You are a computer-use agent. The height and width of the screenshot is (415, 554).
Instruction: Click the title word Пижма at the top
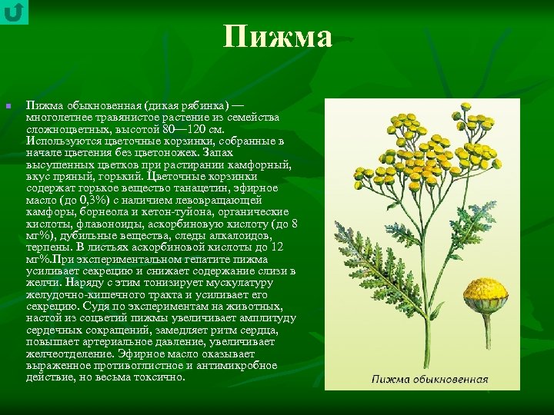click(x=278, y=37)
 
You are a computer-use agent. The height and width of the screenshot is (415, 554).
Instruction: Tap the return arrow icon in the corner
click(x=14, y=13)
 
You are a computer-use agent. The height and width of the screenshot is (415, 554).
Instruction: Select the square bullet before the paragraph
click(x=7, y=106)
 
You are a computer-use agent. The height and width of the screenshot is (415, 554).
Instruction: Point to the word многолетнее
click(x=58, y=118)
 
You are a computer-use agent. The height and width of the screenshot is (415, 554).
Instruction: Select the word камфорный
click(x=260, y=164)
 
